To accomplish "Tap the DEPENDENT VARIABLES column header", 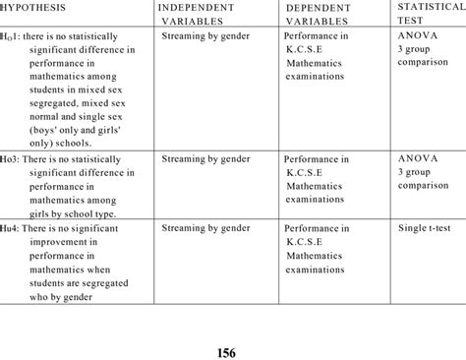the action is (x=324, y=14).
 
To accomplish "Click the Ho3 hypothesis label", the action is (x=12, y=156).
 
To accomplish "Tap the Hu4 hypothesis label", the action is (x=12, y=227).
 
